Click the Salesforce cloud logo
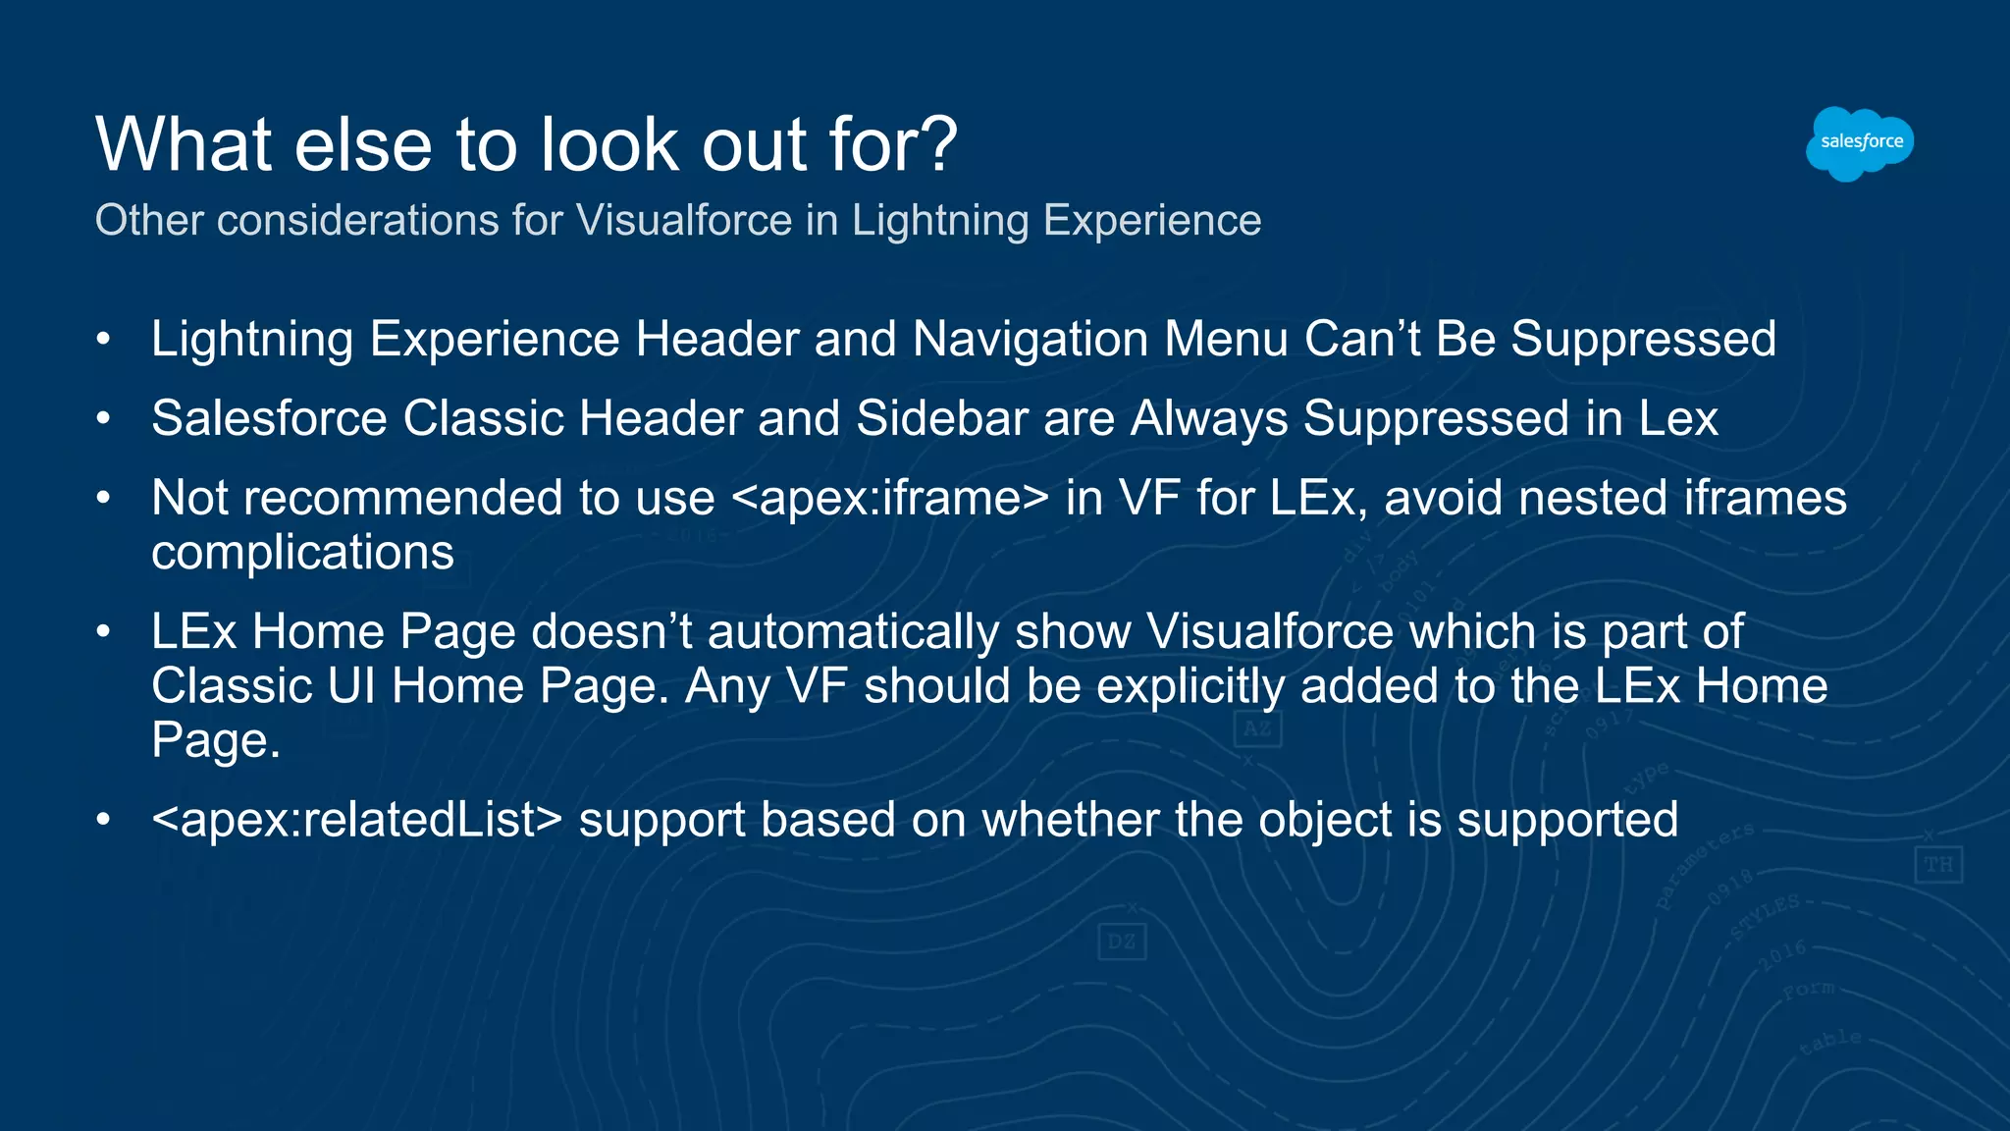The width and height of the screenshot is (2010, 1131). [1860, 143]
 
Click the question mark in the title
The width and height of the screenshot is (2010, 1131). [938, 144]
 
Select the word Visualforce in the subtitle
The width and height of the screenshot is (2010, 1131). [683, 220]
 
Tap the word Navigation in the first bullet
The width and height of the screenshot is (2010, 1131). [1031, 339]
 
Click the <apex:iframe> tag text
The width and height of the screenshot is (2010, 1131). [890, 498]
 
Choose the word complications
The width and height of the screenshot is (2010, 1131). [302, 553]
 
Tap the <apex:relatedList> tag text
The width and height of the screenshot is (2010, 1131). [357, 820]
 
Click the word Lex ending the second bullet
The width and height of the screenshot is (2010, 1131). [1677, 418]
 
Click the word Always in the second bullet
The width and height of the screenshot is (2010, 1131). [1209, 418]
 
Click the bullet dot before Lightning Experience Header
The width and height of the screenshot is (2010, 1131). [104, 340]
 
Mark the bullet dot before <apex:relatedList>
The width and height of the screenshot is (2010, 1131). [104, 821]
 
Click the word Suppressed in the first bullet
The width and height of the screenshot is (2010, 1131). [1643, 339]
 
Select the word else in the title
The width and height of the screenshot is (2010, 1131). [362, 144]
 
